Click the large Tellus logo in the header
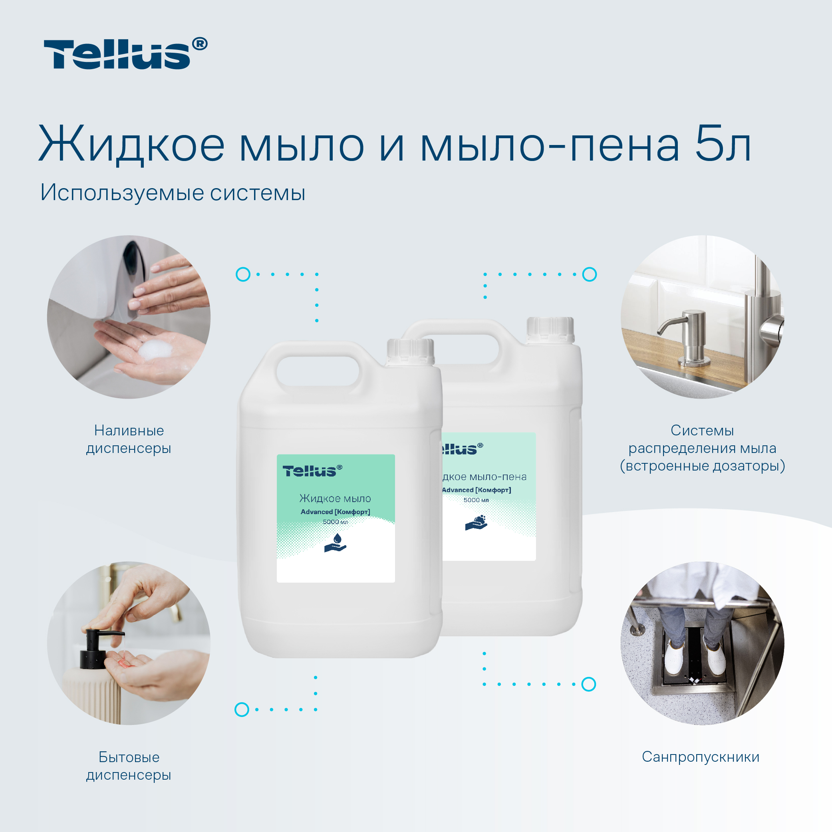[x=125, y=54]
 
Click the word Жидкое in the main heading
[x=132, y=144]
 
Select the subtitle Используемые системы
[x=173, y=193]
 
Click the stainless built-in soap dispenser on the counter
[x=689, y=338]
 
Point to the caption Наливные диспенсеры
[x=129, y=439]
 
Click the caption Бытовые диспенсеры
[x=129, y=766]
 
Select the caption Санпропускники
[x=701, y=757]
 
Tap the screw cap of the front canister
[x=410, y=352]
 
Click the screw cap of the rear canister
[x=550, y=330]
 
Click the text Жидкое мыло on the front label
[x=335, y=499]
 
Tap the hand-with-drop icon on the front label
[x=335, y=542]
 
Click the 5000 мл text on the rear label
[x=476, y=500]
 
